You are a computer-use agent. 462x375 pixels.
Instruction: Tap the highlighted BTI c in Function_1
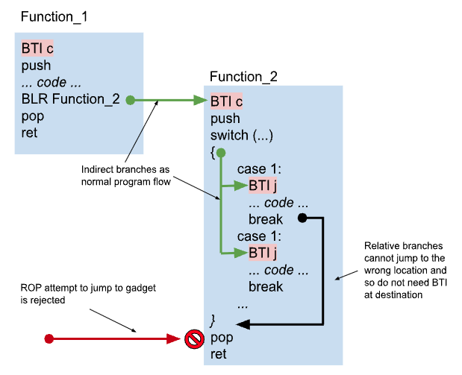pyautogui.click(x=37, y=48)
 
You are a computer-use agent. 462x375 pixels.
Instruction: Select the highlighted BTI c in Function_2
pyautogui.click(x=225, y=101)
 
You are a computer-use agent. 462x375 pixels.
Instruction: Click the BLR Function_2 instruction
pyautogui.click(x=70, y=99)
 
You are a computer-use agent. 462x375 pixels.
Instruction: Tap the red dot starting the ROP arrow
pyautogui.click(x=49, y=339)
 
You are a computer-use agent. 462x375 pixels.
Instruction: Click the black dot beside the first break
pyautogui.click(x=302, y=218)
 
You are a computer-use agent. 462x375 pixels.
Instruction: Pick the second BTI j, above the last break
pyautogui.click(x=263, y=253)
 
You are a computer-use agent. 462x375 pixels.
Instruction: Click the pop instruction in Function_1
pyautogui.click(x=33, y=116)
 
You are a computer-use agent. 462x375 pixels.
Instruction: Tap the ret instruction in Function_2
pyautogui.click(x=219, y=354)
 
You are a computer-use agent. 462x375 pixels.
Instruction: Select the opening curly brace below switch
pyautogui.click(x=213, y=151)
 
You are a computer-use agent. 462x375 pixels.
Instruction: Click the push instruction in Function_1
pyautogui.click(x=36, y=66)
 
